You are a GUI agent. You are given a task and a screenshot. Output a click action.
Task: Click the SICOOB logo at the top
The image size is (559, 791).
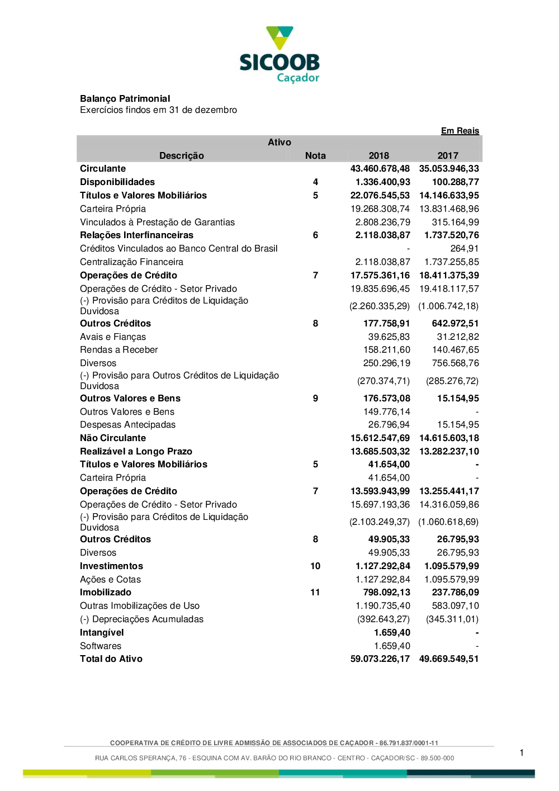pos(279,55)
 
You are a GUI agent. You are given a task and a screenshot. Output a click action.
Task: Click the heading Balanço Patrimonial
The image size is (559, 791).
pos(125,99)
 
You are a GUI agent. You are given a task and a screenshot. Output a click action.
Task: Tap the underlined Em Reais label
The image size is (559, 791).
pos(459,131)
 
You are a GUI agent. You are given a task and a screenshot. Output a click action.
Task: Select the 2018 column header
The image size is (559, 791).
pos(378,156)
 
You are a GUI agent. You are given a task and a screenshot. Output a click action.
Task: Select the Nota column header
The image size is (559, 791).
pos(315,156)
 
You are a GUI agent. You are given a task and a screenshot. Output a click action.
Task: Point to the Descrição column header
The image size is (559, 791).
pos(181,156)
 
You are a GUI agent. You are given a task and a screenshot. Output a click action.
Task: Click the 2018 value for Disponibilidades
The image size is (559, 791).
pos(382,182)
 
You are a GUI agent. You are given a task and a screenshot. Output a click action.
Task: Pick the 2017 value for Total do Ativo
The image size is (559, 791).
pos(448,659)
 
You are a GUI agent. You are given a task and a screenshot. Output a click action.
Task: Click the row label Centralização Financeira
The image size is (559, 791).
pos(131,262)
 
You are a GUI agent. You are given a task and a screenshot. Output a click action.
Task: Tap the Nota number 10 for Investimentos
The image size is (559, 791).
pos(315,566)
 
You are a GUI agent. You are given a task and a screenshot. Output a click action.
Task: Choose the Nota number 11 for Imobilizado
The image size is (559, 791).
pos(315,593)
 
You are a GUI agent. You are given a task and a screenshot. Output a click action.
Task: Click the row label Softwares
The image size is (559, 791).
pos(101,646)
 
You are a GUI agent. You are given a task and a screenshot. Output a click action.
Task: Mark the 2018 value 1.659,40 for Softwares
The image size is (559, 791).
pos(392,646)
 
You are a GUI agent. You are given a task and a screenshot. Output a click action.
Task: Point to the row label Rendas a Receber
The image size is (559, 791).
pos(119,350)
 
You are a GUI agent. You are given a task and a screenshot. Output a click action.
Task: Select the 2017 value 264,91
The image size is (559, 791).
pos(464,249)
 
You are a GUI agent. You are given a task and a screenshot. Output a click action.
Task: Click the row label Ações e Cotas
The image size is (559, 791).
pos(110,580)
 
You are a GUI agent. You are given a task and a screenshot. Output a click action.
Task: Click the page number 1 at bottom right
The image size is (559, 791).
pos(522,753)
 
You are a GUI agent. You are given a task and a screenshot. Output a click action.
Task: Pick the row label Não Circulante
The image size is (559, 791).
pos(112,438)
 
